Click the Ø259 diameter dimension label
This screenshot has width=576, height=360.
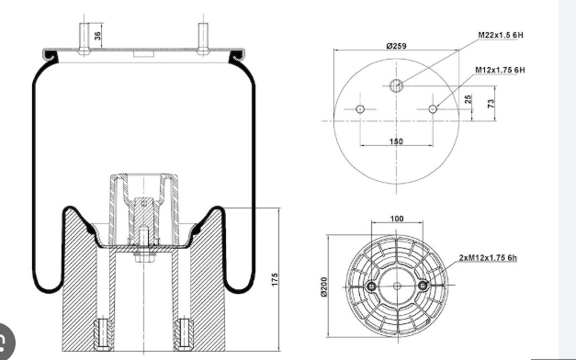pos(396,46)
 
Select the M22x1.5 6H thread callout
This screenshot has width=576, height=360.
pos(501,35)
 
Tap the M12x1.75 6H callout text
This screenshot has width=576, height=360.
pos(500,70)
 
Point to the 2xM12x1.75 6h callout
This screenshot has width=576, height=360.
pos(488,258)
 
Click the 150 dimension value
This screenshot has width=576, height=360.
pos(396,141)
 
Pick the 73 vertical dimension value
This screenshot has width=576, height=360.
pos(491,104)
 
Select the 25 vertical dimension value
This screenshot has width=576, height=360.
pos(468,99)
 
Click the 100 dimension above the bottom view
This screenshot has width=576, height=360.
pos(397,219)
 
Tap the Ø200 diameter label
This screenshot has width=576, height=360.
pos(323,287)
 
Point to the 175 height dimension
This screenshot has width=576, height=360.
pos(275,279)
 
